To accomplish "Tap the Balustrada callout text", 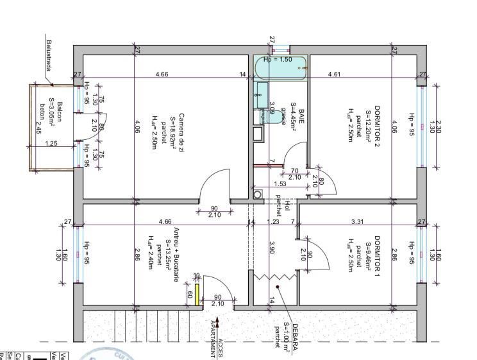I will pos(47,58).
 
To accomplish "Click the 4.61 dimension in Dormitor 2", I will pos(334,75).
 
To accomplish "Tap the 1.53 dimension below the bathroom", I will pos(280,184).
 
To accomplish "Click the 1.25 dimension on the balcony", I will pos(52,143).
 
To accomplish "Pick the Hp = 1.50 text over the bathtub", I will pos(278,60).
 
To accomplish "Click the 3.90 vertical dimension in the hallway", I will pos(272,247).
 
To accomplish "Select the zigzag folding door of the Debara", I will pos(274,277).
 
